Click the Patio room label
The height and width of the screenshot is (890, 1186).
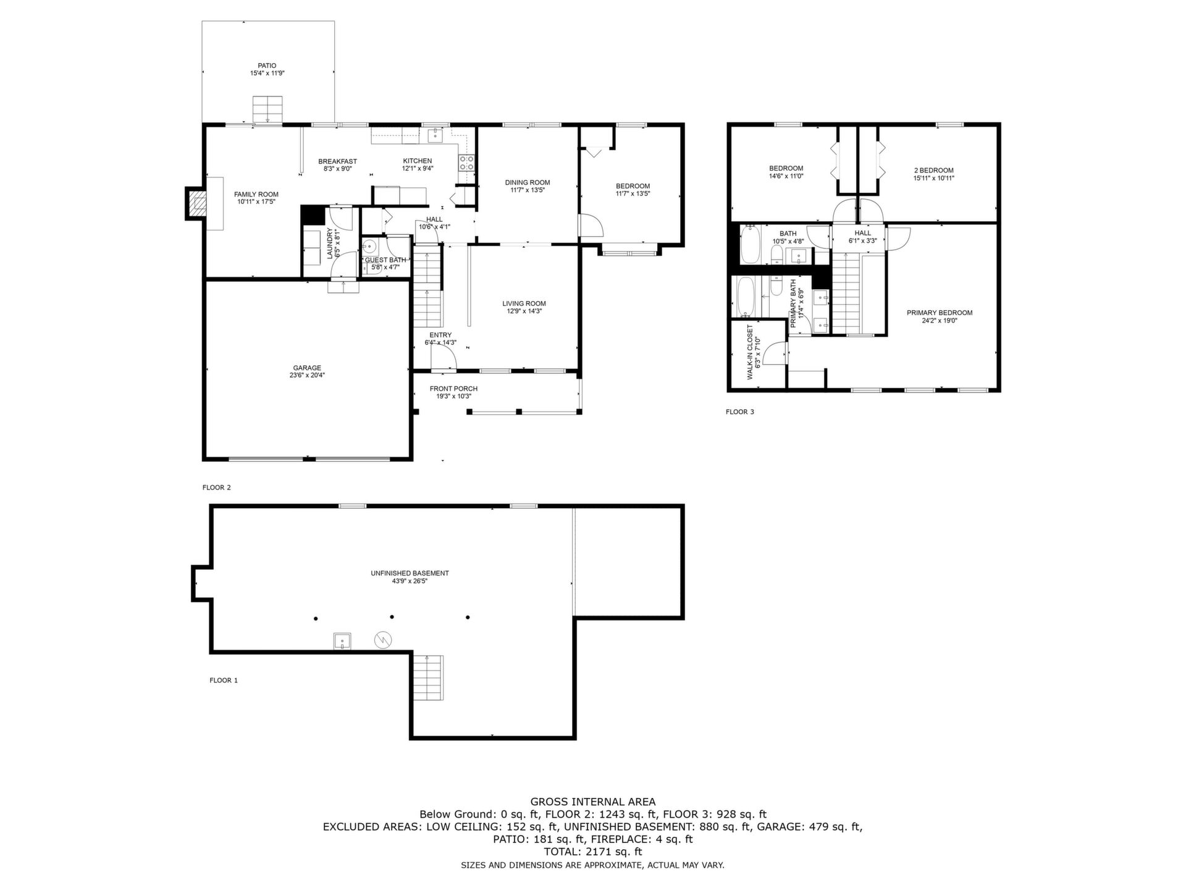(267, 66)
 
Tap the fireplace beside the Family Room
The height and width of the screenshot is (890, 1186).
(197, 203)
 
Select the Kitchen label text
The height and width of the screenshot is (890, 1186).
(418, 161)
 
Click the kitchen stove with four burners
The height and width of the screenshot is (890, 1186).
(466, 163)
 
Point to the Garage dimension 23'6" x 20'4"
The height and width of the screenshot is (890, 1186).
(307, 375)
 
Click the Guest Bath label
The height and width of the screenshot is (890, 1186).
(385, 260)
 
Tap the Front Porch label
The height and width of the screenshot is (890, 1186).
(453, 389)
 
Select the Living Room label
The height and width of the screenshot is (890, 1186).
(524, 303)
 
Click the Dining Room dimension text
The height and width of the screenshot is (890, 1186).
(528, 190)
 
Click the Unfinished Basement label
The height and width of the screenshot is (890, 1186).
(410, 573)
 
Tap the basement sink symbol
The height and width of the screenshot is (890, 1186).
(342, 641)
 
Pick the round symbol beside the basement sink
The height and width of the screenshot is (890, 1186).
(383, 640)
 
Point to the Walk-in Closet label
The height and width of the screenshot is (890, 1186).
(750, 352)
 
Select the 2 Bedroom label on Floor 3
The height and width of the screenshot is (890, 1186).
(933, 171)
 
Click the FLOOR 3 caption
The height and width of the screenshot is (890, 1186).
(739, 412)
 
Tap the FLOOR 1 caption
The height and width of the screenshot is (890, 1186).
(224, 680)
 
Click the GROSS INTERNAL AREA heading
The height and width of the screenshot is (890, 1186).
(593, 802)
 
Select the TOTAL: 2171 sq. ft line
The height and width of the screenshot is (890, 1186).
(593, 852)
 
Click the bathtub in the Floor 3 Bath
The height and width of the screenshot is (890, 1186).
(751, 244)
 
